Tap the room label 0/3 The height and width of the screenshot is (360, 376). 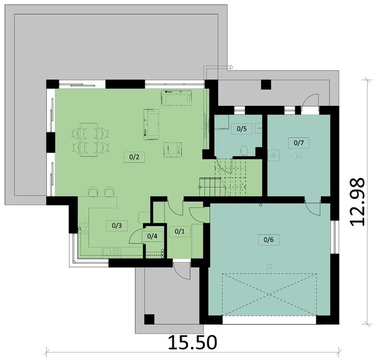pyautogui.click(x=117, y=226)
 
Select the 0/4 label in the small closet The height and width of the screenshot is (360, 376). pyautogui.click(x=152, y=236)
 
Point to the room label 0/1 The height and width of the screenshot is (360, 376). pyautogui.click(x=179, y=231)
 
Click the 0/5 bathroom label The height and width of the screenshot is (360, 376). pyautogui.click(x=242, y=129)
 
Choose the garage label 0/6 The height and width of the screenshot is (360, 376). pyautogui.click(x=268, y=240)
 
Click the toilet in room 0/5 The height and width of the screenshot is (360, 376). pyautogui.click(x=244, y=150)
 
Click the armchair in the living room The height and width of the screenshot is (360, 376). pyautogui.click(x=173, y=149)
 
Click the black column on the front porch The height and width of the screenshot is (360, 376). pyautogui.click(x=149, y=319)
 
